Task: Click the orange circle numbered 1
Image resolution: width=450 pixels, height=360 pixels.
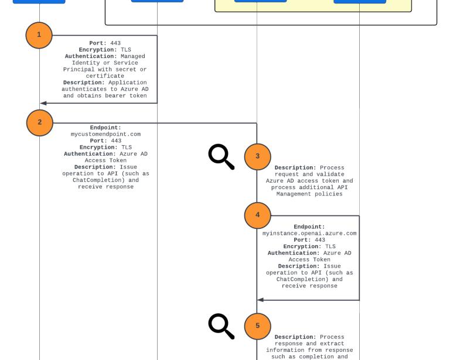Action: [x=39, y=35]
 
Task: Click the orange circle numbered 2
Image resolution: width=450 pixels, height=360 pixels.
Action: [x=40, y=123]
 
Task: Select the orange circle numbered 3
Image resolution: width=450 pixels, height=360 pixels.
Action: [x=258, y=157]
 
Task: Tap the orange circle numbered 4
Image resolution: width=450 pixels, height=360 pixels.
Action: [x=258, y=215]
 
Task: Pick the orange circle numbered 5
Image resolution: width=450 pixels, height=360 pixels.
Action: [x=258, y=327]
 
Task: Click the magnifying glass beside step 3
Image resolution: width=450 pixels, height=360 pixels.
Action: [x=221, y=156]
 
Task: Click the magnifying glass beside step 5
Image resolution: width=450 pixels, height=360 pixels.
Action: [x=221, y=326]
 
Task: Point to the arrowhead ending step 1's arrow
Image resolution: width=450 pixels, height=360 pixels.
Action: [x=43, y=103]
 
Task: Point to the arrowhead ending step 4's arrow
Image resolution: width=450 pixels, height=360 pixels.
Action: [x=261, y=300]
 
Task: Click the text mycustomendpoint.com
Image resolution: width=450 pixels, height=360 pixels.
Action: [x=105, y=134]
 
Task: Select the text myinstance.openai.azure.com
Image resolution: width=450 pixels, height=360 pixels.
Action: [x=309, y=233]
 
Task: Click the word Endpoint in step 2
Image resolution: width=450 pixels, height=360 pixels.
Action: [x=105, y=128]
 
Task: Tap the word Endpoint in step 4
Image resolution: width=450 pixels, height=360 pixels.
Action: [x=309, y=227]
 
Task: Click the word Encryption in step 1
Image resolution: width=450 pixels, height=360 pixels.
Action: [x=97, y=50]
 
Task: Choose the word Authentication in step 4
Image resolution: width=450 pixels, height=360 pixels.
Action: [x=294, y=253]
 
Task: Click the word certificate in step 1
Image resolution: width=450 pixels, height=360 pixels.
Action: [x=105, y=76]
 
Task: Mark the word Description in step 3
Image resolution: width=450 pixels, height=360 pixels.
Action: [x=295, y=168]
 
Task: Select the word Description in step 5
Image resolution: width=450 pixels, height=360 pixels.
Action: [x=295, y=337]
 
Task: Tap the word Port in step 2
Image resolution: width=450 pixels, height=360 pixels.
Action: [x=97, y=140]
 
